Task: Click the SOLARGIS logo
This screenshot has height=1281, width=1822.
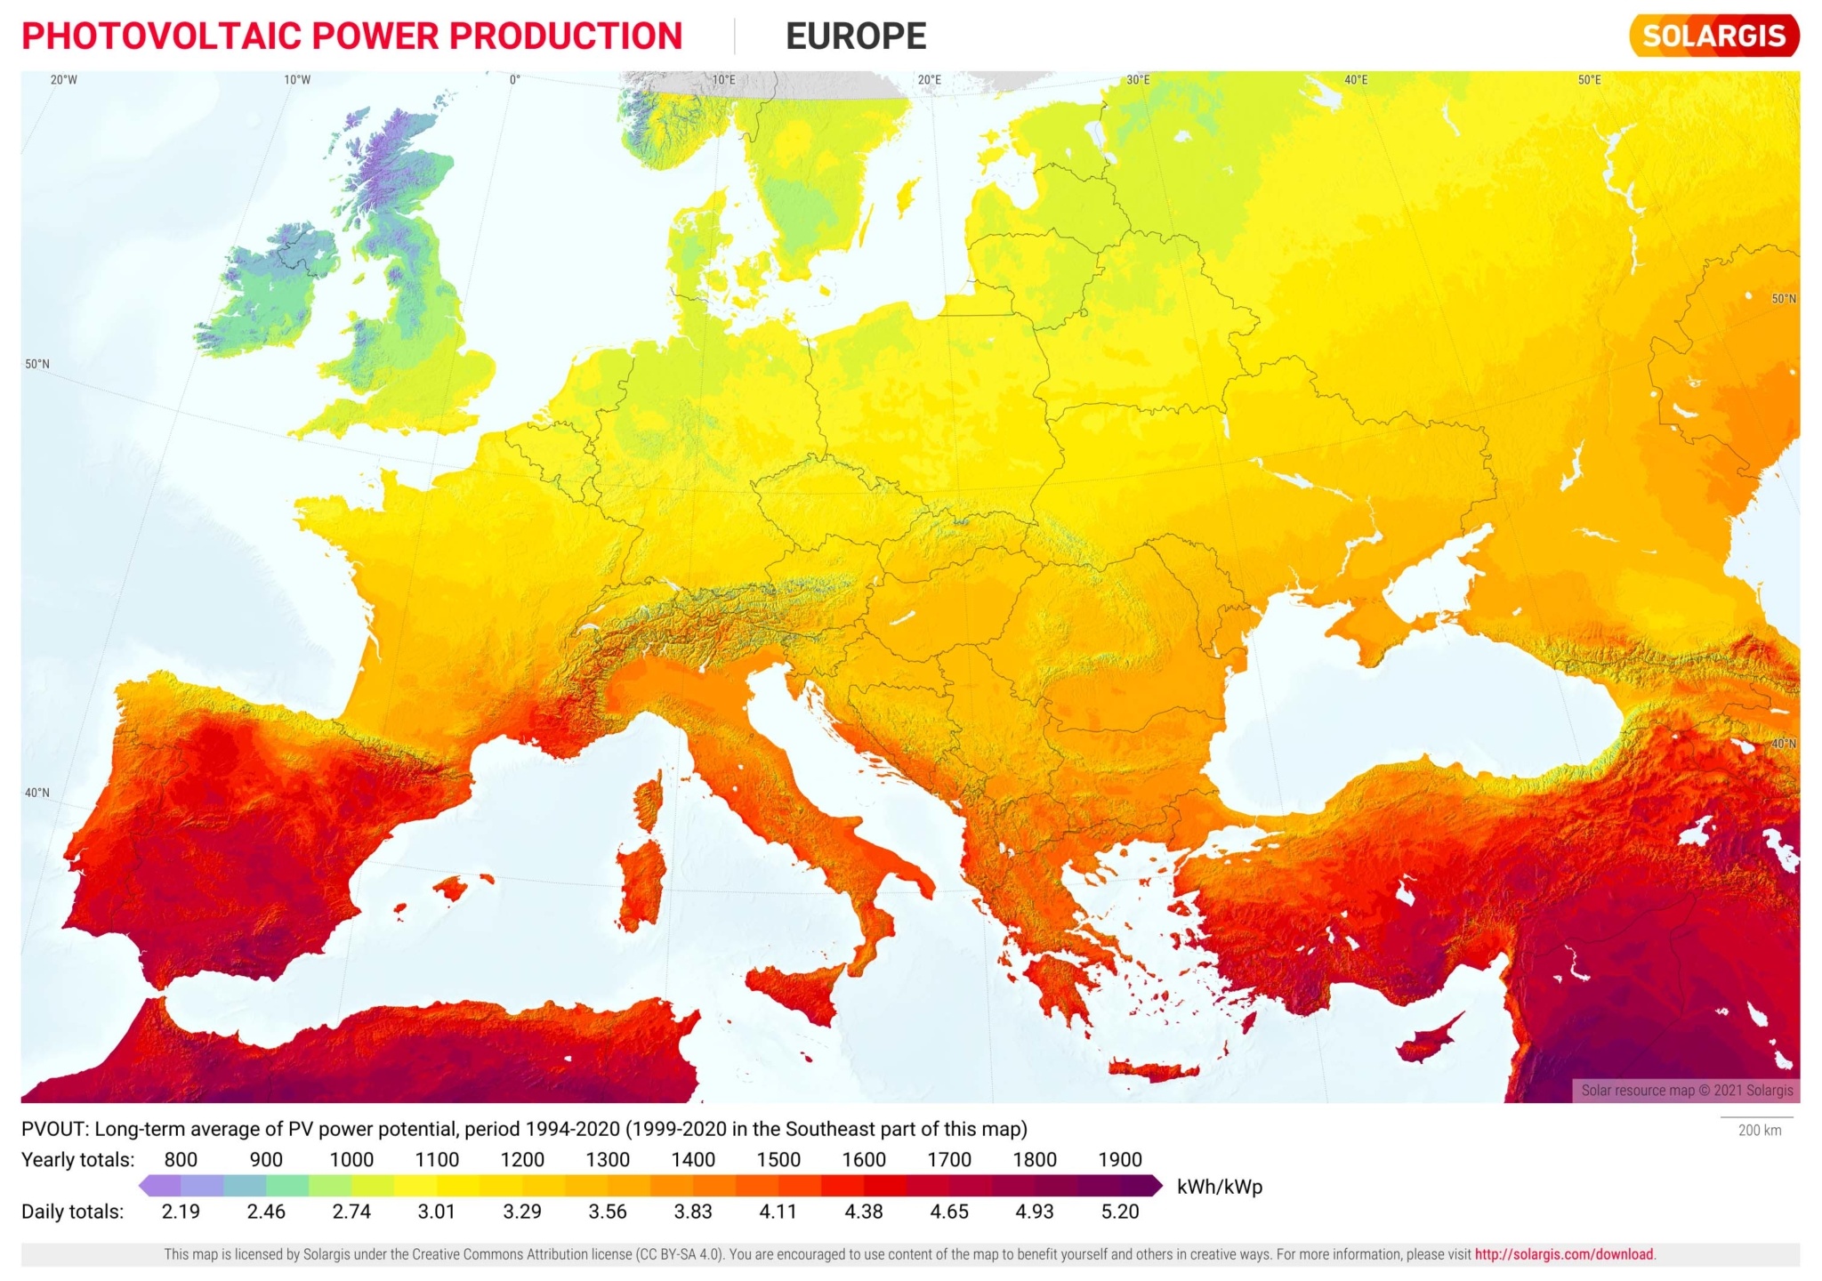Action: pyautogui.click(x=1713, y=36)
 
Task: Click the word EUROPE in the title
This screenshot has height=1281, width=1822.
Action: pyautogui.click(x=855, y=36)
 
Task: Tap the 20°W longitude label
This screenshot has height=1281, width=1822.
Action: pyautogui.click(x=63, y=80)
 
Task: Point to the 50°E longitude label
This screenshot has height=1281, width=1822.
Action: pyautogui.click(x=1589, y=80)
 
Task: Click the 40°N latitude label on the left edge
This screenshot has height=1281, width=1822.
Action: pyautogui.click(x=37, y=793)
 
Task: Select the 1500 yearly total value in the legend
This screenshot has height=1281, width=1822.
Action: pyautogui.click(x=778, y=1159)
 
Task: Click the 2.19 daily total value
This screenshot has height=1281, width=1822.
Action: pyautogui.click(x=181, y=1212)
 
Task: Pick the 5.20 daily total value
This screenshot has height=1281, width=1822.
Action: pyautogui.click(x=1119, y=1212)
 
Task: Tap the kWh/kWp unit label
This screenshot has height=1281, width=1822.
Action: pyautogui.click(x=1219, y=1187)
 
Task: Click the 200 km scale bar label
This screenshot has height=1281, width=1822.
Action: pyautogui.click(x=1759, y=1131)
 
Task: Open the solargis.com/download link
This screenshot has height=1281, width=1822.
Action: pyautogui.click(x=1563, y=1254)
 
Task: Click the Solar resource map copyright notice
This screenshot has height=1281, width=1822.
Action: pyautogui.click(x=1687, y=1090)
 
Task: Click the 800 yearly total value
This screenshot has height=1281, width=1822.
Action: pyautogui.click(x=181, y=1159)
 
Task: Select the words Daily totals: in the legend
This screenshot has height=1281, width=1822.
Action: pyautogui.click(x=72, y=1212)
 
